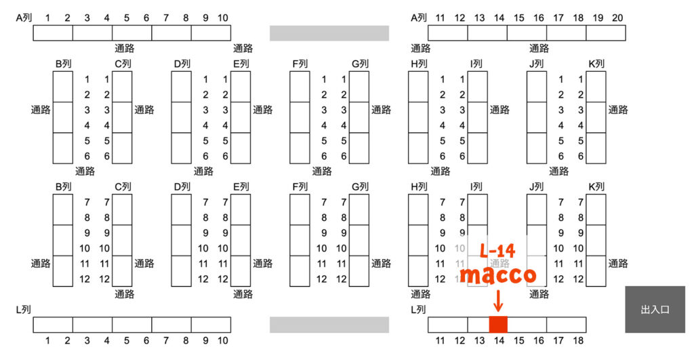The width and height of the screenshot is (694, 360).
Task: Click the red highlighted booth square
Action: point(498,324)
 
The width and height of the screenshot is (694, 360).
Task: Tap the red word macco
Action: point(498,275)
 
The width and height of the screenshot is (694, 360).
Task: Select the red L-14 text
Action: point(497,252)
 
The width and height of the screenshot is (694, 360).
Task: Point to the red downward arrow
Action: point(498,298)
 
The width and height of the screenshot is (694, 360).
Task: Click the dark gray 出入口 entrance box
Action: point(655,310)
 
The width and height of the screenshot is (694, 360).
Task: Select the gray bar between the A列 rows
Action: point(329,33)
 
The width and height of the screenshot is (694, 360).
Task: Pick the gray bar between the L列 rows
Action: point(329,325)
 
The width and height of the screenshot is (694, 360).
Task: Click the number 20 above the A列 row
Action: point(617,18)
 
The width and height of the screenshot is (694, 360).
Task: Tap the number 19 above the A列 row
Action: point(597,18)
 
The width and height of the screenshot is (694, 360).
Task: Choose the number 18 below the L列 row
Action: point(577,340)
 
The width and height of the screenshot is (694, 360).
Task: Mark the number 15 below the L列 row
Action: point(518,340)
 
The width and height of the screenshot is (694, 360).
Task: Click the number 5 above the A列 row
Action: point(126,18)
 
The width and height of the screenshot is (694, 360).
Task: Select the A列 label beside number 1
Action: point(24,18)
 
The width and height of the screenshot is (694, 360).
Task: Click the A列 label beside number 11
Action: point(419,18)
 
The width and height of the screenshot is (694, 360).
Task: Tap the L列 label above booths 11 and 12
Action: point(419,310)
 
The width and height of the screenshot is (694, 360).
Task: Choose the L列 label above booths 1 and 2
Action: point(24,310)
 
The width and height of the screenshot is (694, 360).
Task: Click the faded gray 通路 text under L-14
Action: point(498,263)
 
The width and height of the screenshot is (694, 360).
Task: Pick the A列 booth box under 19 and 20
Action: point(606,33)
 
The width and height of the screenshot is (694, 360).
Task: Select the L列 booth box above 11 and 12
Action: point(448,325)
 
